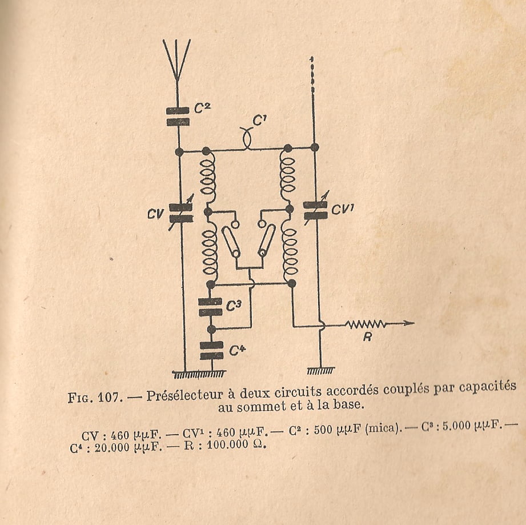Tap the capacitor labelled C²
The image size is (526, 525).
pyautogui.click(x=179, y=116)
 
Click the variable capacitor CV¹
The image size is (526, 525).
pyautogui.click(x=315, y=210)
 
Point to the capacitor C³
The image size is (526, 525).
pyautogui.click(x=211, y=307)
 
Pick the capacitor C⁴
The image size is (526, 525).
pyautogui.click(x=211, y=350)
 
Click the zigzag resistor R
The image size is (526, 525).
pyautogui.click(x=366, y=324)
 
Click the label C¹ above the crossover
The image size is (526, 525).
pyautogui.click(x=260, y=121)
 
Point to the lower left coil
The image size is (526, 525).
pyautogui.click(x=209, y=250)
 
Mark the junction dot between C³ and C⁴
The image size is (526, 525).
pyautogui.click(x=211, y=329)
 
